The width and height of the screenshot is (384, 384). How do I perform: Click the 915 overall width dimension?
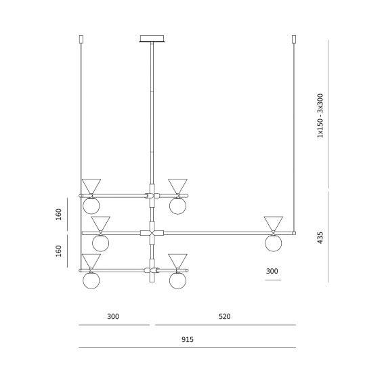pos(188,339)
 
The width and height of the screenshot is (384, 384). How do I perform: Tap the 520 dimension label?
pos(224,316)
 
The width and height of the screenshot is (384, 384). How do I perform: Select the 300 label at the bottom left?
pos(113,316)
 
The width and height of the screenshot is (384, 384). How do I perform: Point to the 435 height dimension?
pos(320,238)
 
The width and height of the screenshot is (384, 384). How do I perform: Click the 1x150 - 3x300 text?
pos(320,116)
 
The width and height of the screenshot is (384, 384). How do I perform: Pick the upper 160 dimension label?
pos(58,214)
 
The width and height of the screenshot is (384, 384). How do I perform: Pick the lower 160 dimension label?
pos(58,251)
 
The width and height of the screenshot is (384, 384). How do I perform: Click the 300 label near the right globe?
pos(272,271)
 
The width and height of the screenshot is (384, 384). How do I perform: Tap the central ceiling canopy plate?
pos(152,39)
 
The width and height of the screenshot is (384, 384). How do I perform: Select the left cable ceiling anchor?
pos(81,39)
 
